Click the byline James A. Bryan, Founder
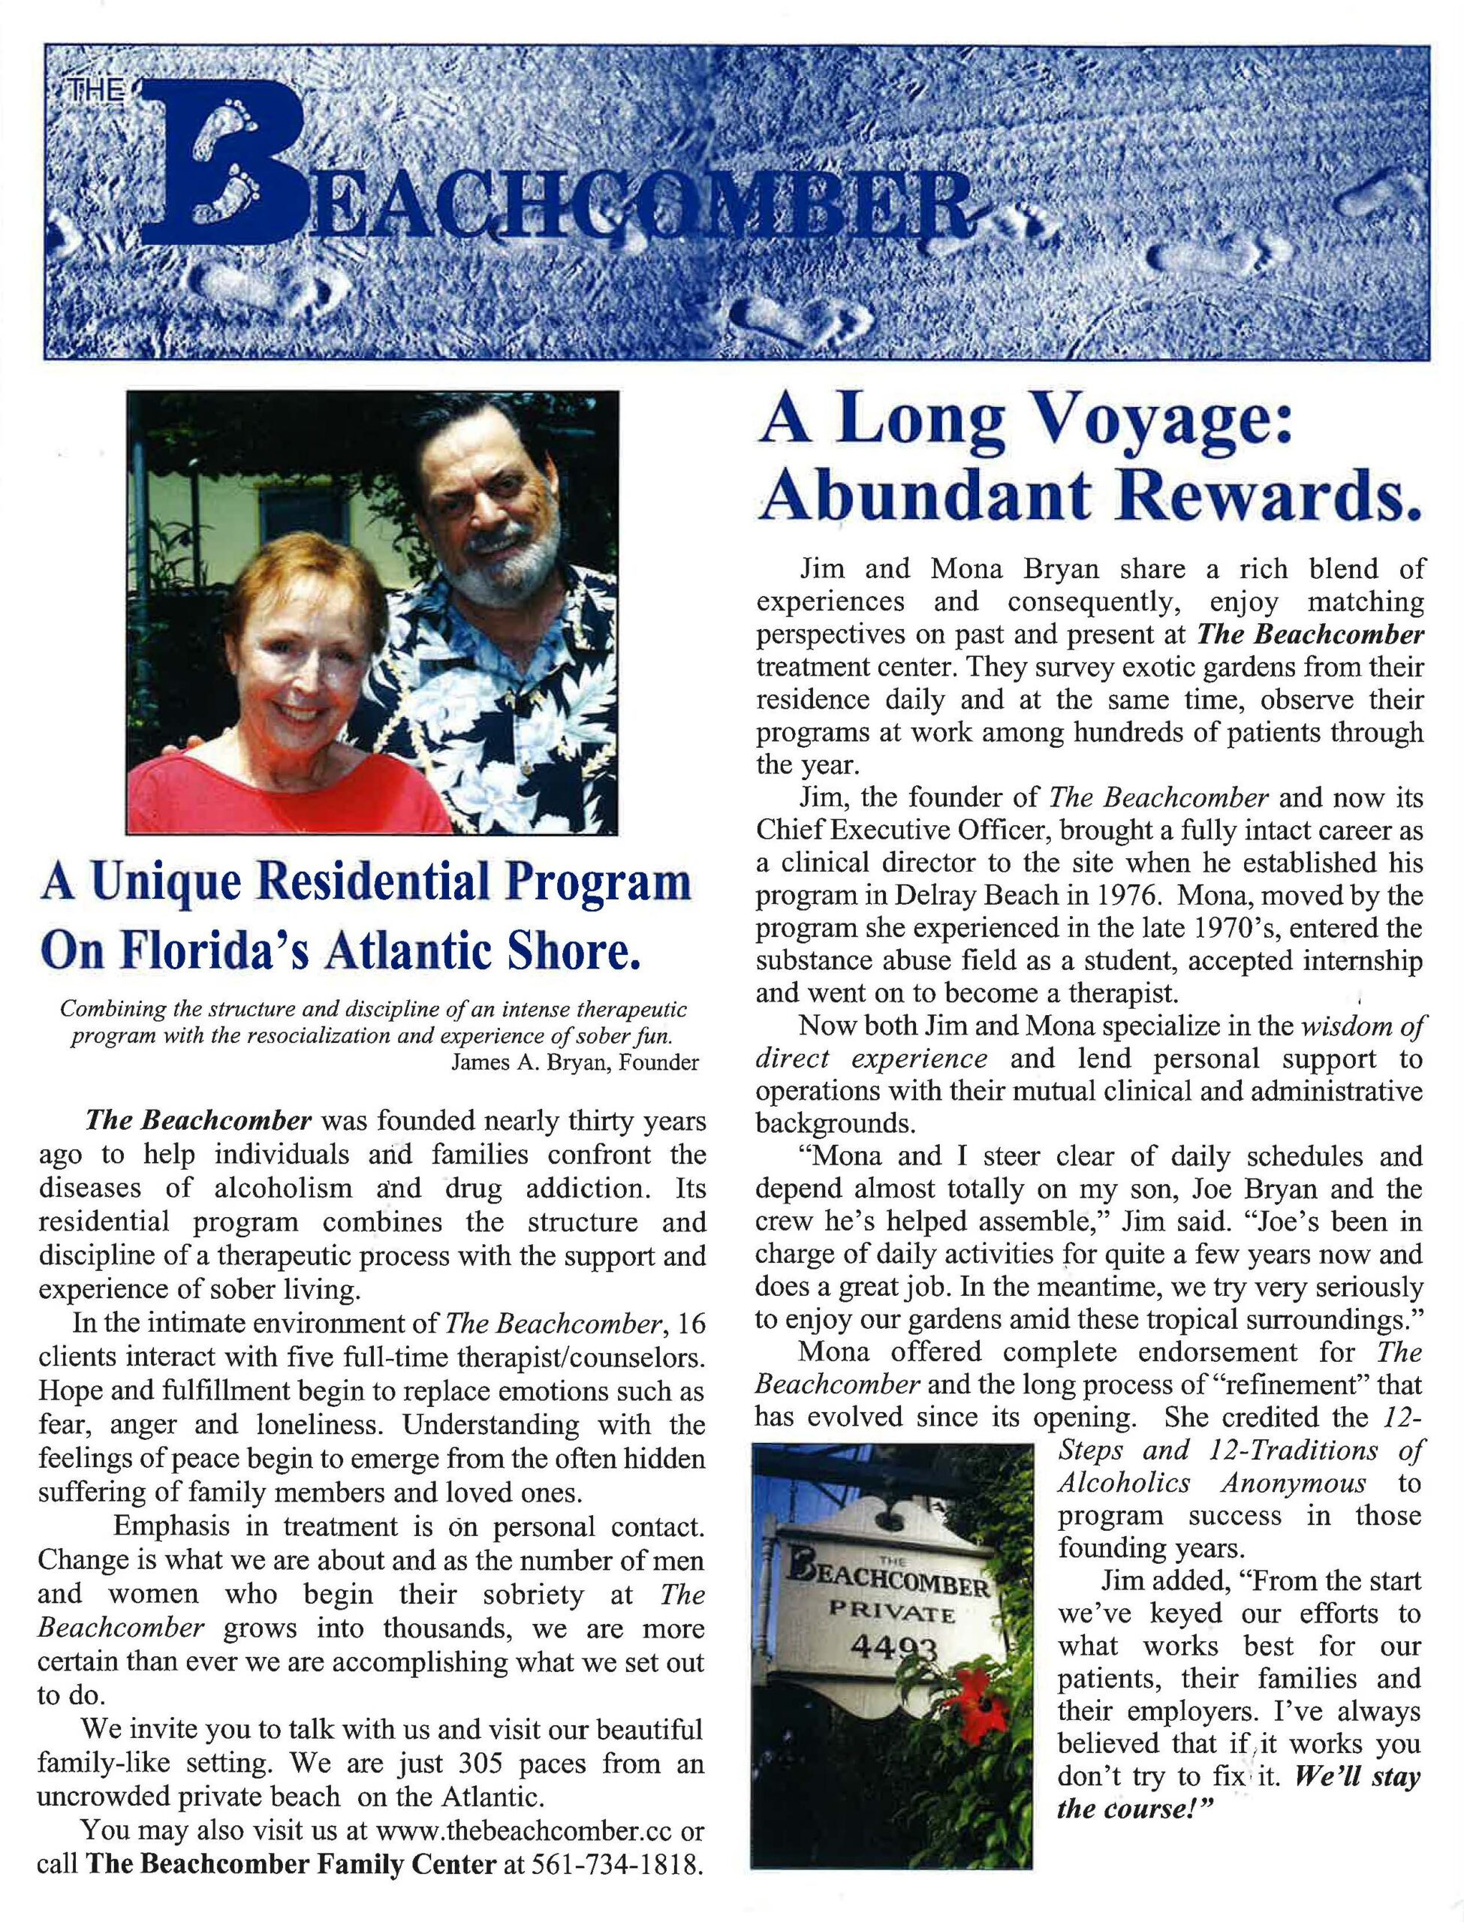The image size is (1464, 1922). tap(574, 1063)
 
